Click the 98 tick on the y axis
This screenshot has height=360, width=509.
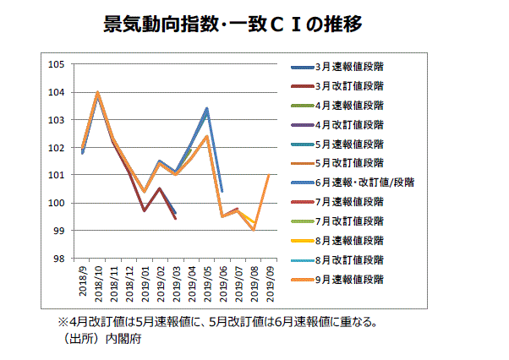click(x=58, y=259)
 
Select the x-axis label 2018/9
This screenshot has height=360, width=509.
click(x=83, y=280)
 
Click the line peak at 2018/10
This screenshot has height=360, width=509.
click(x=98, y=92)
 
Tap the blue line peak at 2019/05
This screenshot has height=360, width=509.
click(x=207, y=108)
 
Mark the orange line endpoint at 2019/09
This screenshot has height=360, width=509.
click(x=269, y=175)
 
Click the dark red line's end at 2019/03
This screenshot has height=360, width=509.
click(x=175, y=219)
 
